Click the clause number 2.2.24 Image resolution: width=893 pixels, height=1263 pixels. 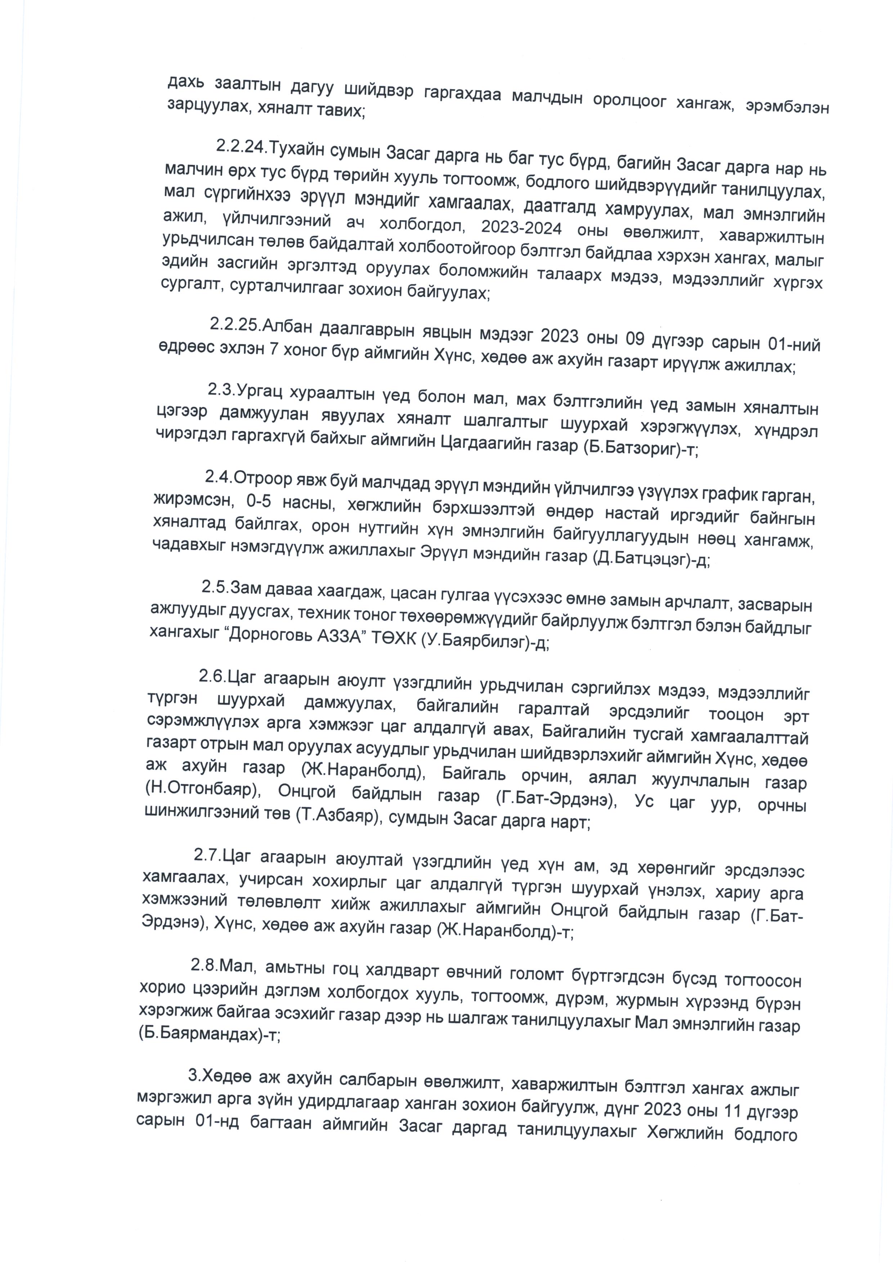241,147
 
